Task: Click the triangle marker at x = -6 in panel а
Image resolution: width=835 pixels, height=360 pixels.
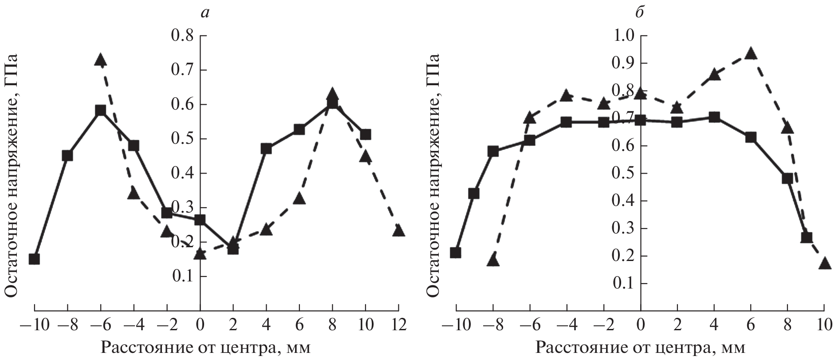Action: (100, 60)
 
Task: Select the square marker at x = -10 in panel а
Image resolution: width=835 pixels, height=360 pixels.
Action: (34, 259)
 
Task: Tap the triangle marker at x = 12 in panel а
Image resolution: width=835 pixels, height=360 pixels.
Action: (398, 231)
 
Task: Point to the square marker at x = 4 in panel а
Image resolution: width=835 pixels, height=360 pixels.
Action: (266, 149)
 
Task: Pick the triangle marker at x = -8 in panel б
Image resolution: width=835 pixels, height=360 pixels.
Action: (493, 261)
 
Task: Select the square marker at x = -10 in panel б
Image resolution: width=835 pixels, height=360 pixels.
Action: (455, 253)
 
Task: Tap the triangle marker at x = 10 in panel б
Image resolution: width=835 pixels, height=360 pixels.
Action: (824, 264)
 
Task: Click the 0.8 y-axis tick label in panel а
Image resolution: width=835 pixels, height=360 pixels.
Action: (182, 36)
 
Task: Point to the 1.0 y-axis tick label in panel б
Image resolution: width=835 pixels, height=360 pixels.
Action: (623, 36)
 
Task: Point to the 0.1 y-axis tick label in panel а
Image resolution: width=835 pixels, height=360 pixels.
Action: (182, 277)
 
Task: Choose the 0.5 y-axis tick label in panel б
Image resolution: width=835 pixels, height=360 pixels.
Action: (623, 174)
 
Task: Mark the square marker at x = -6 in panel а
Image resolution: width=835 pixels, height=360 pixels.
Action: (100, 111)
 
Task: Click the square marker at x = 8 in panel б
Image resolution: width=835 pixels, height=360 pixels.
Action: (788, 178)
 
